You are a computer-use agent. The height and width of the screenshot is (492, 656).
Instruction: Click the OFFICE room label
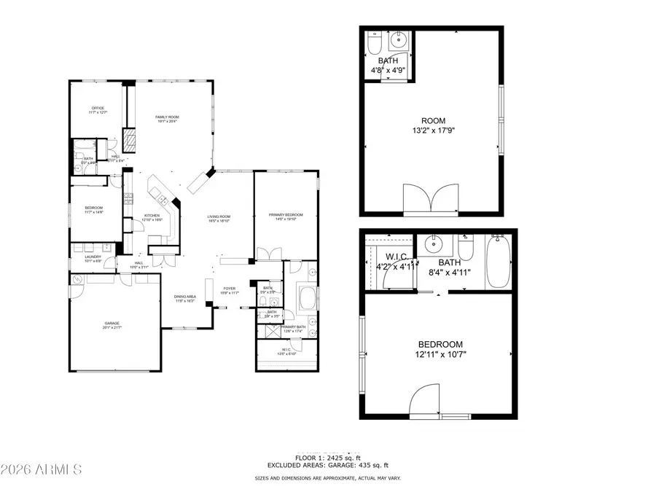98,109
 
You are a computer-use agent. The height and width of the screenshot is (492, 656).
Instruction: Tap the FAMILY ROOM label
167,117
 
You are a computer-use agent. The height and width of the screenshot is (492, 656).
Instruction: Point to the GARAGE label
112,324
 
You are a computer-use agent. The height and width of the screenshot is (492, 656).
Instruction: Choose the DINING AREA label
184,297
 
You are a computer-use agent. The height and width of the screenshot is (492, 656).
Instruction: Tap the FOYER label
230,289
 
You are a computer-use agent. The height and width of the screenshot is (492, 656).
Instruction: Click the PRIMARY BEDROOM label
285,215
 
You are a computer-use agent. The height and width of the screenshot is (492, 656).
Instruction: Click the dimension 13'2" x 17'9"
433,132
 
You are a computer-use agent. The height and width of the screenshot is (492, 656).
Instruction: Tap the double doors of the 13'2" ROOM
432,199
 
